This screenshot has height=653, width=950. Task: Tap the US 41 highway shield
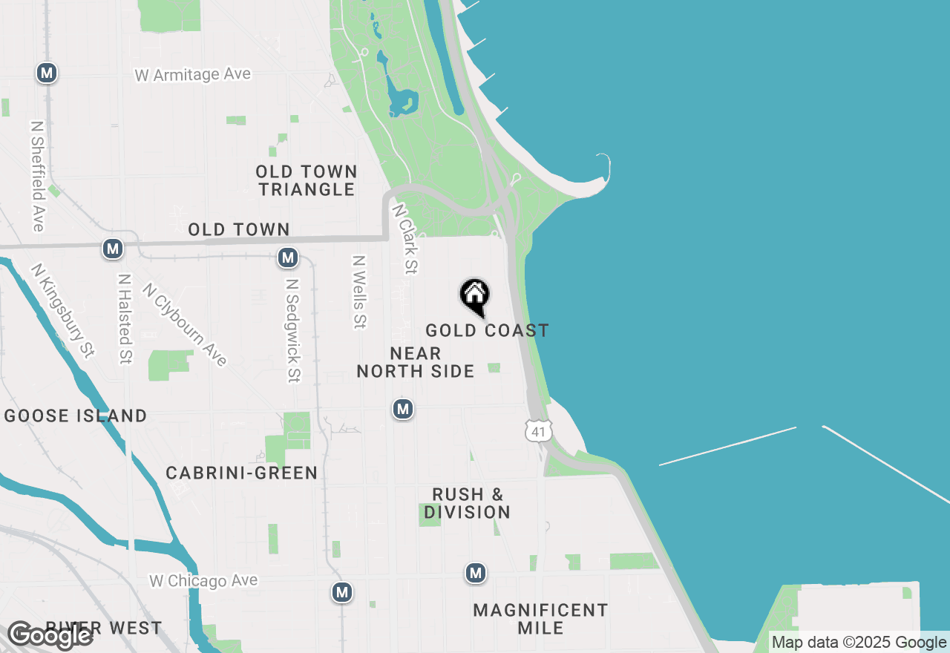[x=539, y=431]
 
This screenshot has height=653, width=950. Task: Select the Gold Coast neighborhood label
[x=487, y=331]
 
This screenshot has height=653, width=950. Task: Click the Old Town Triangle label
[x=307, y=180]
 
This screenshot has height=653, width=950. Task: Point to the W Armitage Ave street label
[x=193, y=75]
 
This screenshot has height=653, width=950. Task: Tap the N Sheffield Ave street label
[x=37, y=176]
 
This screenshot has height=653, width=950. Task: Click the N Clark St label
[x=405, y=239]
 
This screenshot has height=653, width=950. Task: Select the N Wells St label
[x=360, y=292]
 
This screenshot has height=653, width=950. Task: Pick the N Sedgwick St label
[x=293, y=330]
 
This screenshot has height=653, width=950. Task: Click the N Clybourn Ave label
[x=184, y=324]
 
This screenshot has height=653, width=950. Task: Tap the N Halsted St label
[x=124, y=319]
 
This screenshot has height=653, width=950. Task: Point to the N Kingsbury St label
[x=63, y=309]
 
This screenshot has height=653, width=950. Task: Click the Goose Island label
[x=76, y=416]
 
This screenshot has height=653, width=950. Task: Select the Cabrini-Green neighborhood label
[x=242, y=473]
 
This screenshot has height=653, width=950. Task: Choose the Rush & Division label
[x=468, y=503]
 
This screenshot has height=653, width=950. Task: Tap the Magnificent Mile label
[x=540, y=619]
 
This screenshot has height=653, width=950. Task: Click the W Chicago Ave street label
[x=203, y=580]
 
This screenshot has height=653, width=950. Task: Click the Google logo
[x=50, y=635]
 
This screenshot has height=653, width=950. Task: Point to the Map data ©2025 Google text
[x=859, y=643]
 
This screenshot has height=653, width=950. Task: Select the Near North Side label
[x=416, y=362]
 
